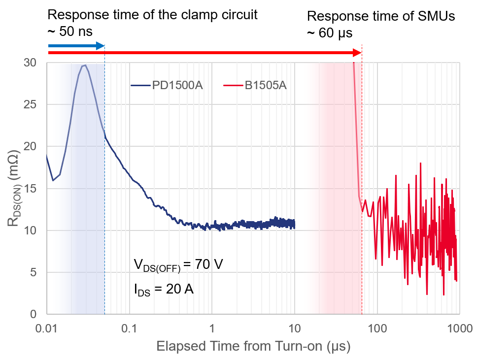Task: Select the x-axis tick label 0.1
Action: (130, 327)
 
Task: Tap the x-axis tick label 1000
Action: (459, 327)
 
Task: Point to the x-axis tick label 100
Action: (377, 327)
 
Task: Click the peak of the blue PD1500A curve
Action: (84, 65)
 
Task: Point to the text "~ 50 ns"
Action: (69, 33)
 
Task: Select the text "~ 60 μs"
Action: (330, 33)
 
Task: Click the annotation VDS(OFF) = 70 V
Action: (178, 264)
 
